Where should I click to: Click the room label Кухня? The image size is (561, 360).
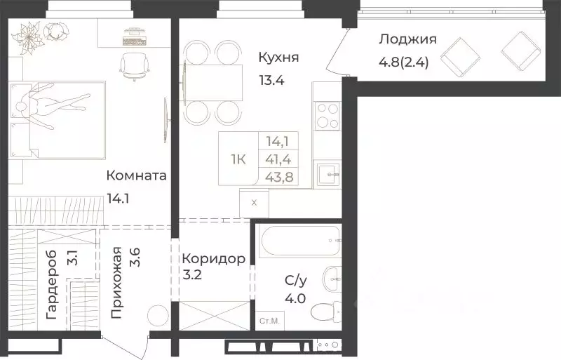(278, 57)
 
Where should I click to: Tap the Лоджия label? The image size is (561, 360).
(407, 39)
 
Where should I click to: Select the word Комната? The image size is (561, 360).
(136, 175)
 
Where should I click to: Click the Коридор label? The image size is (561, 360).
(213, 259)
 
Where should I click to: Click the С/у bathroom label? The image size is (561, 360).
(295, 281)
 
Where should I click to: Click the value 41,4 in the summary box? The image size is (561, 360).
(279, 159)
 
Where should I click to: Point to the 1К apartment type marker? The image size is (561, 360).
(238, 159)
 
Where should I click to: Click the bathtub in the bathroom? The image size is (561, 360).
(299, 242)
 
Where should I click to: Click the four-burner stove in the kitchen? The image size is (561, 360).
(326, 115)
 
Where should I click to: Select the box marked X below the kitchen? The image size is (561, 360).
(253, 204)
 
